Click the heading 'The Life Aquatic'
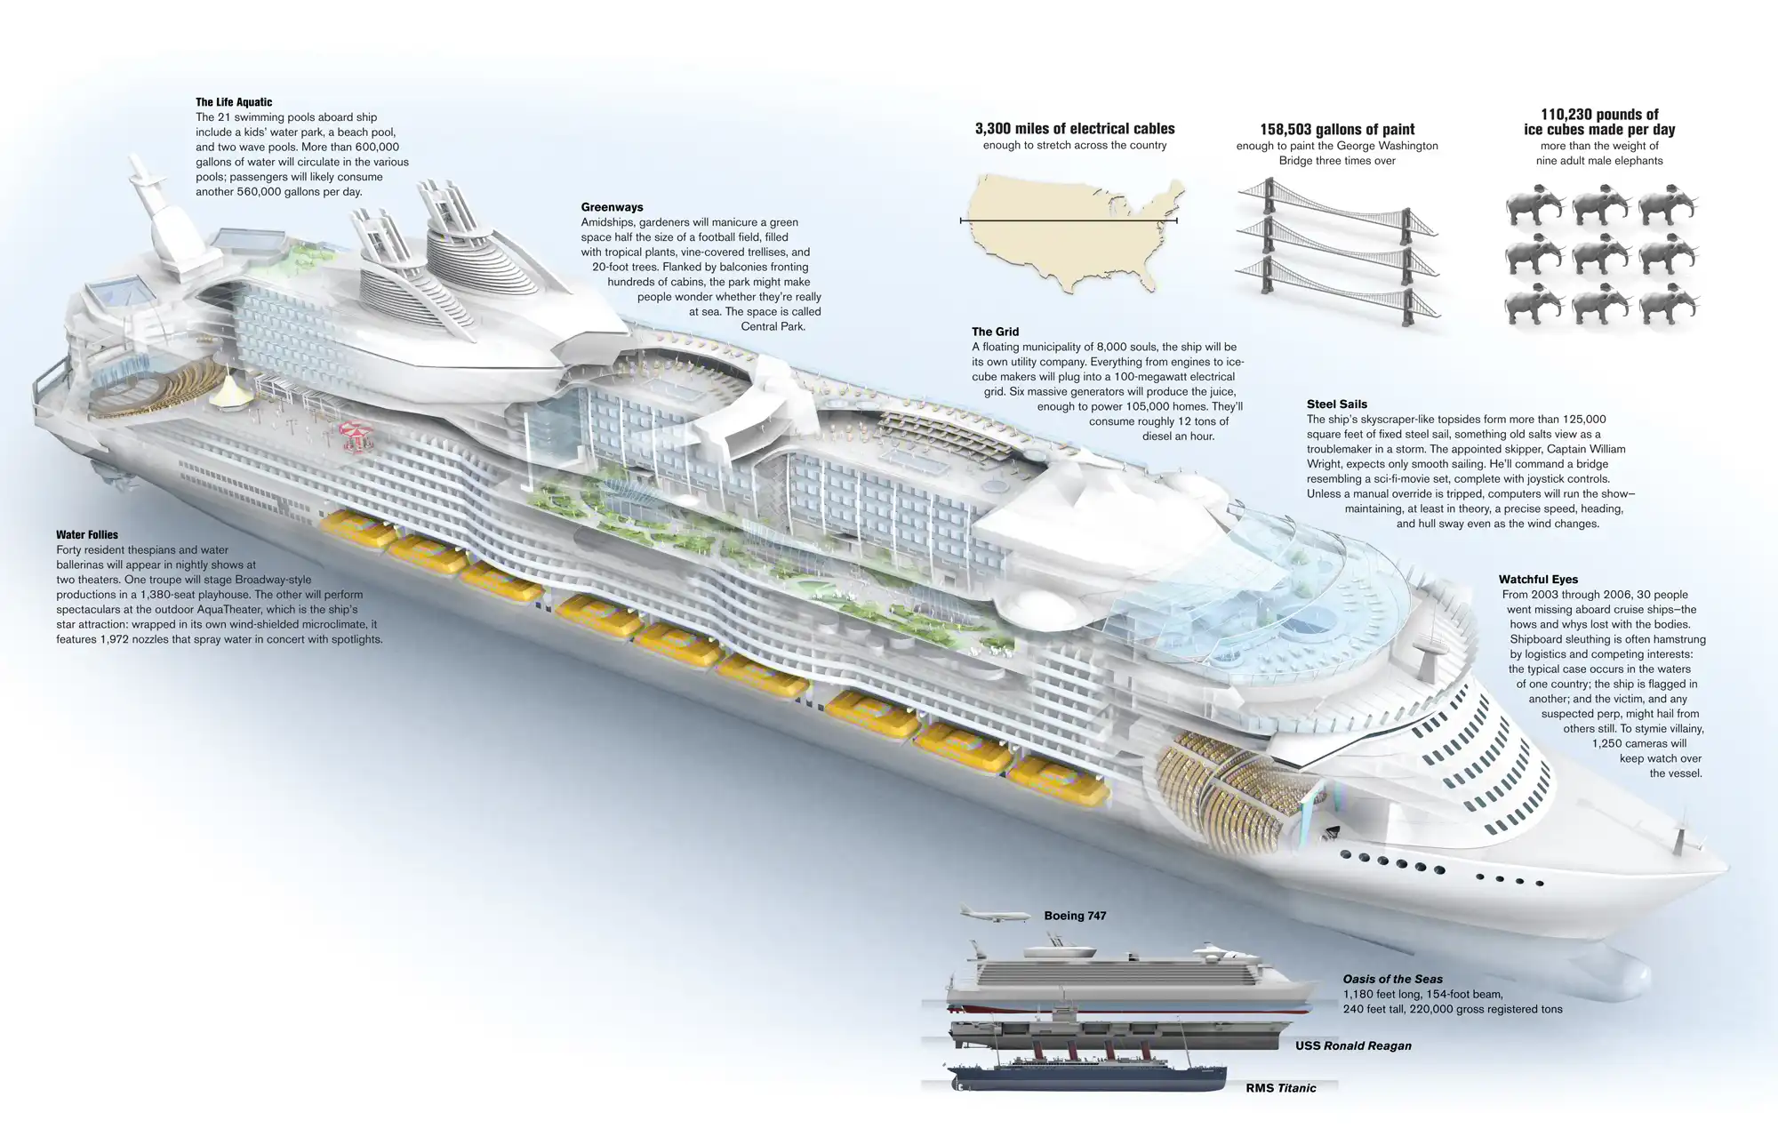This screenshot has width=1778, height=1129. [x=234, y=102]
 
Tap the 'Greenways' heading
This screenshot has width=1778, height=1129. [x=612, y=207]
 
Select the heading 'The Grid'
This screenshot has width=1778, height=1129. [x=995, y=332]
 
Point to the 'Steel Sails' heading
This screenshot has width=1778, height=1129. [x=1337, y=404]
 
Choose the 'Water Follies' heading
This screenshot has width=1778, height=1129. [x=87, y=535]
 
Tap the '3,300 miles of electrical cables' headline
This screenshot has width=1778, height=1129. [x=1075, y=129]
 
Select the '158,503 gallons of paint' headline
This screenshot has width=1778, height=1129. [x=1337, y=130]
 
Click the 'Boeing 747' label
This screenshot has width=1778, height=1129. [x=1075, y=916]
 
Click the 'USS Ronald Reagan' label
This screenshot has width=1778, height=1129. [x=1353, y=1045]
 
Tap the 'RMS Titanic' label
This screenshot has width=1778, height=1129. [x=1281, y=1088]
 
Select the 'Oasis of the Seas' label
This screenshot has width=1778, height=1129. [x=1393, y=979]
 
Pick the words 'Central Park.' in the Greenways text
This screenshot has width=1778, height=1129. [x=773, y=326]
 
